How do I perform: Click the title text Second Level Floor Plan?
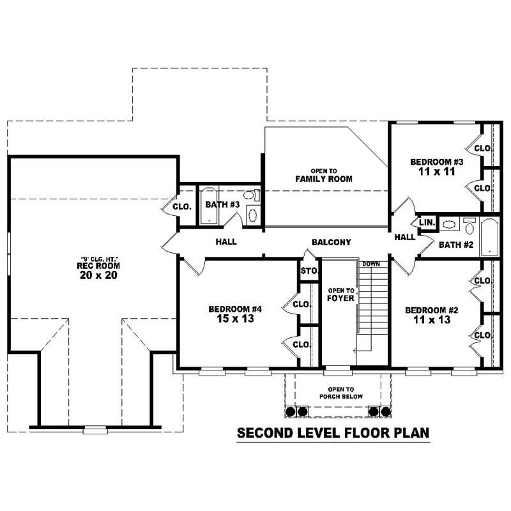[x=333, y=434]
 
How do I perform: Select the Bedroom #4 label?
[x=235, y=314]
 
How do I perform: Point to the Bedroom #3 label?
[x=436, y=167]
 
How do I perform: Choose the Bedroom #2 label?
[x=432, y=315]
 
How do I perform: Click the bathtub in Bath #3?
[x=210, y=206]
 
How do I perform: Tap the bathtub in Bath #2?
[x=491, y=238]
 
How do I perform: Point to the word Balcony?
[x=332, y=242]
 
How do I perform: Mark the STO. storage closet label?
[x=309, y=271]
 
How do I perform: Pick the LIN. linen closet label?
[x=427, y=222]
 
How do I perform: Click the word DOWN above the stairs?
[x=371, y=264]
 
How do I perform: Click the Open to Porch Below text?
[x=337, y=393]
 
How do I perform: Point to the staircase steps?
[x=373, y=307]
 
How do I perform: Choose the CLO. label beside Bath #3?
[x=183, y=206]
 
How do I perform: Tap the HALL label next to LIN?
[x=404, y=237]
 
